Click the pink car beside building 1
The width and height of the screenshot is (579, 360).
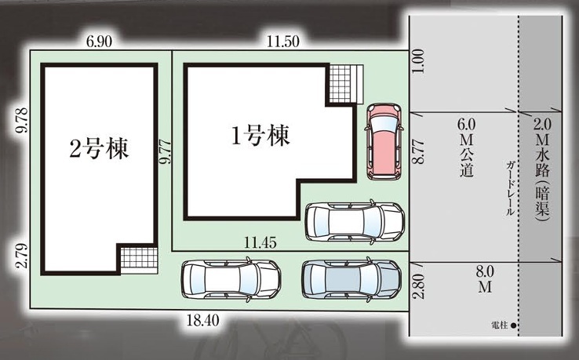383,141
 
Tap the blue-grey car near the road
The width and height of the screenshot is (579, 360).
351,279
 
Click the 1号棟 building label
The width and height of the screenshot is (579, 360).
260,136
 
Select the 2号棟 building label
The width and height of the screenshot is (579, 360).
99,149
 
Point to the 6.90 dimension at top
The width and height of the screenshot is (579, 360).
99,42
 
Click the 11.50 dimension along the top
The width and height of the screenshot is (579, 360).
283,42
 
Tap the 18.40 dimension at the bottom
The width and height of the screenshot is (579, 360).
202,320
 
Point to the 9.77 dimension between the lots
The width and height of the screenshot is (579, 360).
166,151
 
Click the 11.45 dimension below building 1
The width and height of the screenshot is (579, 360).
260,243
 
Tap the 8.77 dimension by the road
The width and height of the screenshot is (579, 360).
419,151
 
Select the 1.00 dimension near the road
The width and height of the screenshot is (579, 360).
419,61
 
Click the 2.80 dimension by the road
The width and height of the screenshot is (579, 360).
420,286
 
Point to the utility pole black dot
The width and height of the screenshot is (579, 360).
513,325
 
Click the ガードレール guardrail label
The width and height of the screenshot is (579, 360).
510,188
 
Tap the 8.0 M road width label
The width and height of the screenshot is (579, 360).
485,279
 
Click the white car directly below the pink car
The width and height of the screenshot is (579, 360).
355,222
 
